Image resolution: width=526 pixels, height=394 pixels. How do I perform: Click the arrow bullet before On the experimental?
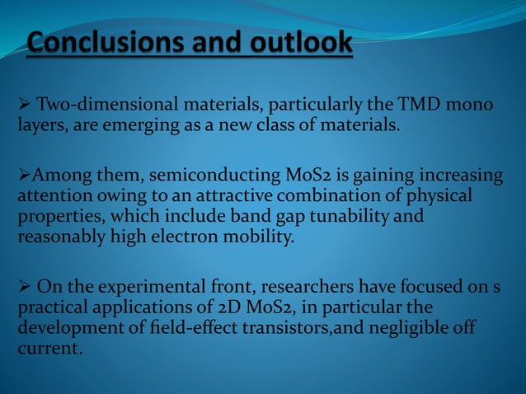[24, 286]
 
